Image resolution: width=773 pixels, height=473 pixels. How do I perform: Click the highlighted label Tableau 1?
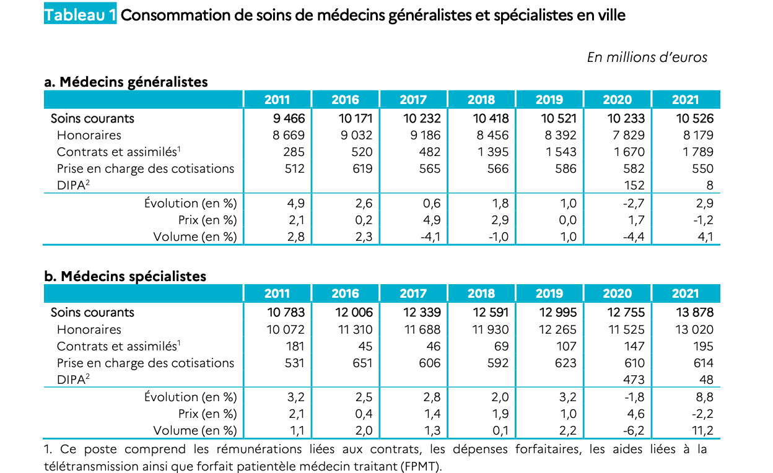pyautogui.click(x=80, y=14)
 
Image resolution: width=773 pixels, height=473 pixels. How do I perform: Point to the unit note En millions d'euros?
pyautogui.click(x=647, y=58)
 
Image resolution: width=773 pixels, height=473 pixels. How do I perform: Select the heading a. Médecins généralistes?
pyautogui.click(x=126, y=82)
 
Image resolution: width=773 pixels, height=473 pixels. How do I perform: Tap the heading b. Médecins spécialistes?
pyautogui.click(x=125, y=276)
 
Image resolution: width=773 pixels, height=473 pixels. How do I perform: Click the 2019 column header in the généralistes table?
pyautogui.click(x=549, y=100)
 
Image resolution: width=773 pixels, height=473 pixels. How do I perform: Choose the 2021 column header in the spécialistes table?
pyautogui.click(x=685, y=293)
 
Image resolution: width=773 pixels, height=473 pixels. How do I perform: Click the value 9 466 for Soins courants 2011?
pyautogui.click(x=289, y=118)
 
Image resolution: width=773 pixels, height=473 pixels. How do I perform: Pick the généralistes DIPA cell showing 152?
pyautogui.click(x=634, y=185)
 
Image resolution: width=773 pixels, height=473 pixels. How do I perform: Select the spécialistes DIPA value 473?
pyautogui.click(x=634, y=380)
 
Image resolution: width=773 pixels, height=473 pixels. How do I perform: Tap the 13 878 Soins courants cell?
pyautogui.click(x=694, y=312)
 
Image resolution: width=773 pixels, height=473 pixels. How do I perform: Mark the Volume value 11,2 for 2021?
pyautogui.click(x=702, y=430)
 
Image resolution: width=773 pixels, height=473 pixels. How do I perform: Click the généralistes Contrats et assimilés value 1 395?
pyautogui.click(x=493, y=152)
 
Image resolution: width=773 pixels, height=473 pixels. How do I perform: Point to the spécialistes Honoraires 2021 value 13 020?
pyautogui.click(x=694, y=329)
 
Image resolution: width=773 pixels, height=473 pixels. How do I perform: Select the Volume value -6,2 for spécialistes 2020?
pyautogui.click(x=634, y=430)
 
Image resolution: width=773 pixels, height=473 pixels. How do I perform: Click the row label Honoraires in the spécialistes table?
pyautogui.click(x=89, y=329)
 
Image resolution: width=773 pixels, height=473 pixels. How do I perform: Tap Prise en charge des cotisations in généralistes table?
pyautogui.click(x=146, y=168)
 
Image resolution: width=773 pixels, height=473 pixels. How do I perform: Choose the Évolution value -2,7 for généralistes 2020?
pyautogui.click(x=634, y=203)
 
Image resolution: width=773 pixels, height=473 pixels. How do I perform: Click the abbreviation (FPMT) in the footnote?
pyautogui.click(x=421, y=466)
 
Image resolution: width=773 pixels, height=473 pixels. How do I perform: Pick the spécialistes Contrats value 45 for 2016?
pyautogui.click(x=365, y=346)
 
